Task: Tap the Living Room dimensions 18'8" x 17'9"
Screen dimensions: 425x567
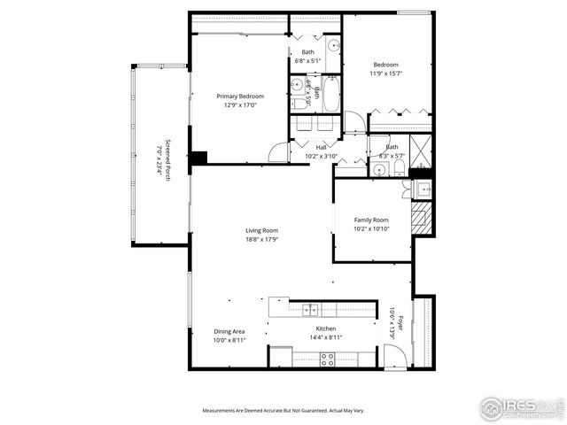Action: [x=262, y=238]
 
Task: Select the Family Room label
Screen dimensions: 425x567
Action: [x=371, y=220]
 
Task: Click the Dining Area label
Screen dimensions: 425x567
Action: [x=229, y=331]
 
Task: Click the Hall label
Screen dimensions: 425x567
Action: [x=322, y=147]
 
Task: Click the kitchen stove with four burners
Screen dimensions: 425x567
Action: [x=327, y=359]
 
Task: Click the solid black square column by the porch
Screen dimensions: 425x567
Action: [x=199, y=158]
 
